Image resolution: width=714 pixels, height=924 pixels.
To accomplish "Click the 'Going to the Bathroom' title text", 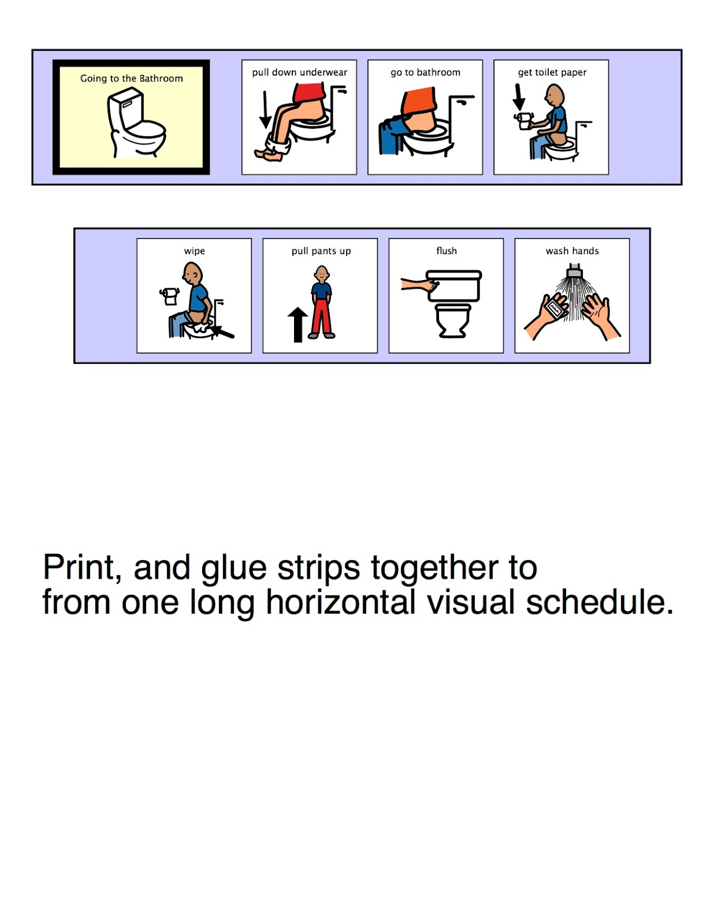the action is tap(131, 79).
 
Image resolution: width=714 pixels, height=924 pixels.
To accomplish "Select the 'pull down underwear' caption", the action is tap(299, 72).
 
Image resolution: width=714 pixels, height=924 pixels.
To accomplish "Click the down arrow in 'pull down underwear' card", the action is tap(265, 109).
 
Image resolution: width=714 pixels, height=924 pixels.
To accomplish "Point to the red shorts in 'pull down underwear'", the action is tap(309, 93).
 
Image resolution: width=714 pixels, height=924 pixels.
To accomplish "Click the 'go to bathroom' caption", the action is tap(425, 73).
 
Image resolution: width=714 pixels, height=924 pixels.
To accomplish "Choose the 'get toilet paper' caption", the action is tap(552, 73).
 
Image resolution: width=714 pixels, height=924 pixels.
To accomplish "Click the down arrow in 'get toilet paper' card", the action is tap(518, 97).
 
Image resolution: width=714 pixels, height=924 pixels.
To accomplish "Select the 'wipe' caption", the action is tap(194, 251).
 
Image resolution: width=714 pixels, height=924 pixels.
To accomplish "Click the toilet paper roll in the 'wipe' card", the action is tap(170, 296).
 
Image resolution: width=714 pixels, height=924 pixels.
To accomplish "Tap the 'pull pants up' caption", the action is tap(321, 251).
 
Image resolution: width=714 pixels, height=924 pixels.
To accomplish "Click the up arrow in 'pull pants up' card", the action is tap(297, 325).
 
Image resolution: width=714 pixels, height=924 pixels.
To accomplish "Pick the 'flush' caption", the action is tap(447, 251).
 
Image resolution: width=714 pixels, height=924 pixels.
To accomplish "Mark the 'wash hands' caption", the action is tap(572, 251).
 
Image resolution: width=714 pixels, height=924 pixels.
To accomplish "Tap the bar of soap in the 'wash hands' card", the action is tap(555, 307).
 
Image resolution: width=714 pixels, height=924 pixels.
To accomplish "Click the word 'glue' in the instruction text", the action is tap(233, 569).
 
